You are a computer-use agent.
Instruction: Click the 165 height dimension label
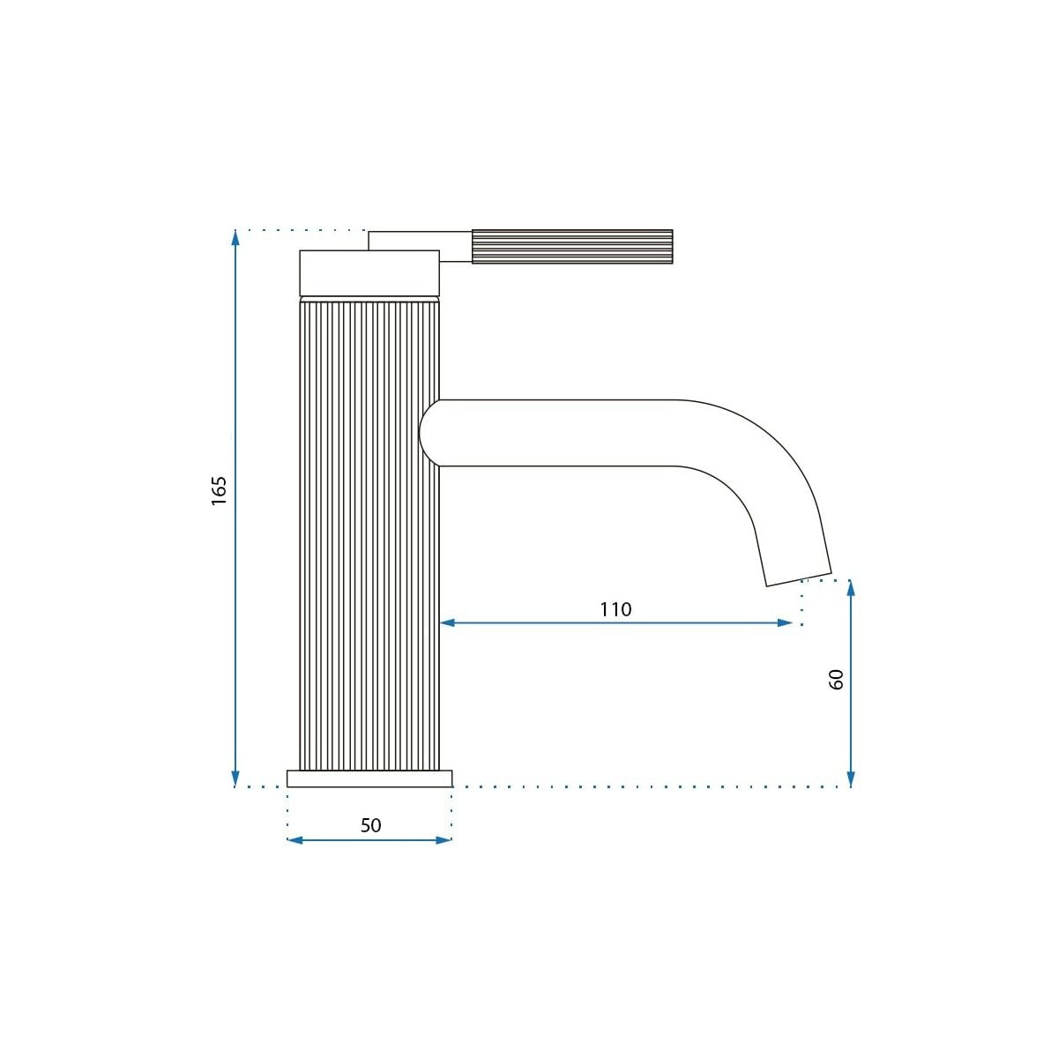pyautogui.click(x=219, y=491)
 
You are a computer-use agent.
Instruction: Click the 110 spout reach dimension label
pyautogui.click(x=615, y=609)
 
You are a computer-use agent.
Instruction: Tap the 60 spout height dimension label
pyautogui.click(x=836, y=680)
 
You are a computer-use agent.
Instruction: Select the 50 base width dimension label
pyautogui.click(x=370, y=825)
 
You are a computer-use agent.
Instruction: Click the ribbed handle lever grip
pyautogui.click(x=572, y=247)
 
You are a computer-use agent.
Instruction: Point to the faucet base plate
pyautogui.click(x=369, y=779)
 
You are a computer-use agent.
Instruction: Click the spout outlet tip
pyautogui.click(x=799, y=579)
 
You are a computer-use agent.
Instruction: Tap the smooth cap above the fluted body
pyautogui.click(x=369, y=272)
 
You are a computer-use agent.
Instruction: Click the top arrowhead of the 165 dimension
pyautogui.click(x=235, y=238)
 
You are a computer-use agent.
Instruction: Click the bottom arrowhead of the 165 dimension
pyautogui.click(x=235, y=779)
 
